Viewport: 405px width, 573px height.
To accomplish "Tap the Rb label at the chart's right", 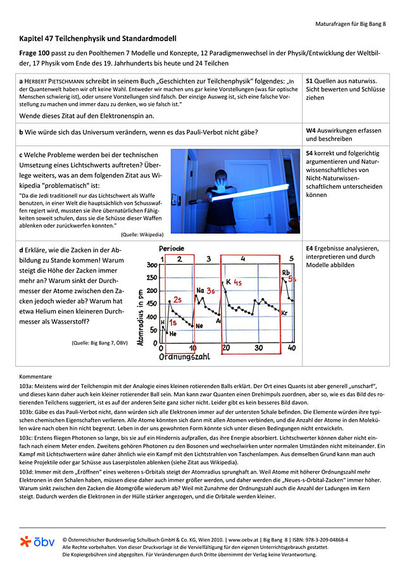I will pos(286,273).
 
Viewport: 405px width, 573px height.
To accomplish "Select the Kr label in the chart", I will pos(285,313).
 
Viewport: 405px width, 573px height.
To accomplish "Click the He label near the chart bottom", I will pos(173,334).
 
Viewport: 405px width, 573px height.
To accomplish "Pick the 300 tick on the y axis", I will pos(151,265).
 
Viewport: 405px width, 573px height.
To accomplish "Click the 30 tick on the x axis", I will pos(258,348).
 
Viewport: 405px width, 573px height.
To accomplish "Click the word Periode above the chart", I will pos(172,248).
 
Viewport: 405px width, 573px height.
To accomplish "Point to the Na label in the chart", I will pos(200,290).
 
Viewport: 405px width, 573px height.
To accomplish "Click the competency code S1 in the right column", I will pos(310,82).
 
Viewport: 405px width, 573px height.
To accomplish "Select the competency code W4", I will pos(311,130).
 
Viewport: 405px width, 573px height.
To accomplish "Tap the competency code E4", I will pos(310,248).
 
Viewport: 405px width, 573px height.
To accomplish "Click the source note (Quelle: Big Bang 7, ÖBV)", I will pos(100,343).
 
